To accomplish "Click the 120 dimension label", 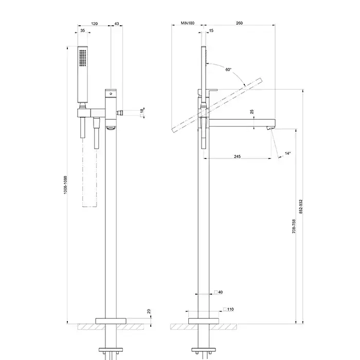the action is (94, 24).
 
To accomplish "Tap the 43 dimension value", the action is (117, 24).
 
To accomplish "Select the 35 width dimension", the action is (82, 30).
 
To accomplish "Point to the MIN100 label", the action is (188, 23).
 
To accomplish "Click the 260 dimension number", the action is (239, 23).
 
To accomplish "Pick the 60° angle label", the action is (228, 69).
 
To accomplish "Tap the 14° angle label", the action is (287, 153).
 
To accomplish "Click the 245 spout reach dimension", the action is (238, 156).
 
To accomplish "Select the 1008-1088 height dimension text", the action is (65, 185).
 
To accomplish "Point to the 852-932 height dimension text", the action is (301, 207).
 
